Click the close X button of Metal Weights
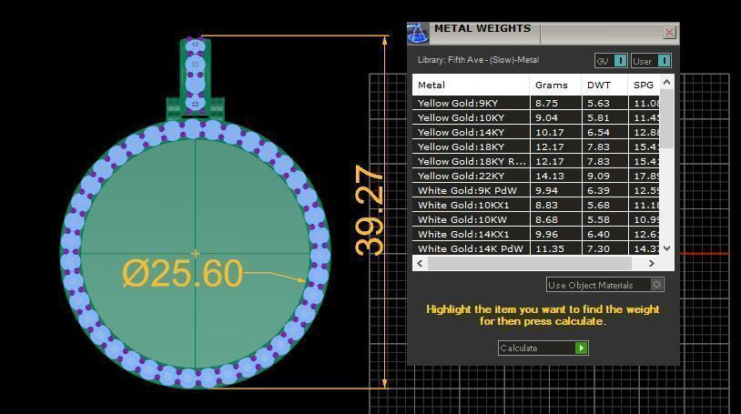coord(669,32)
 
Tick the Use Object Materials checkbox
coord(656,285)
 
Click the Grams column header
coord(551,85)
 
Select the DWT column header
coord(599,85)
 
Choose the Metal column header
coord(431,85)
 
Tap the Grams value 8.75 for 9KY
coord(546,103)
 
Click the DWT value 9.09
coord(598,176)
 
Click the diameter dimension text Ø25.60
coord(182,273)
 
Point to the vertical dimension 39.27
coord(370,210)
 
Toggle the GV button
coord(611,61)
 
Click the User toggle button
coord(651,61)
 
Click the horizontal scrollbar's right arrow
coord(651,263)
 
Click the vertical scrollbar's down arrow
coord(666,247)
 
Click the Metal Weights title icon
coord(418,34)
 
